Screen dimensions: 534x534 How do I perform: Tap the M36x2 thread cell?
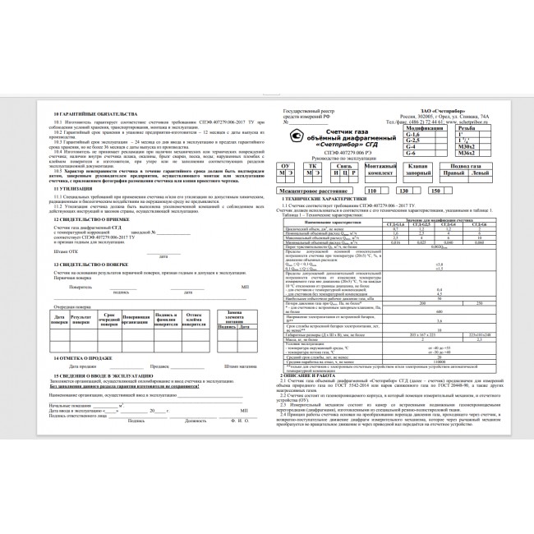(x=469, y=154)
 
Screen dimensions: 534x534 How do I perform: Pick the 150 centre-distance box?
(x=435, y=190)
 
